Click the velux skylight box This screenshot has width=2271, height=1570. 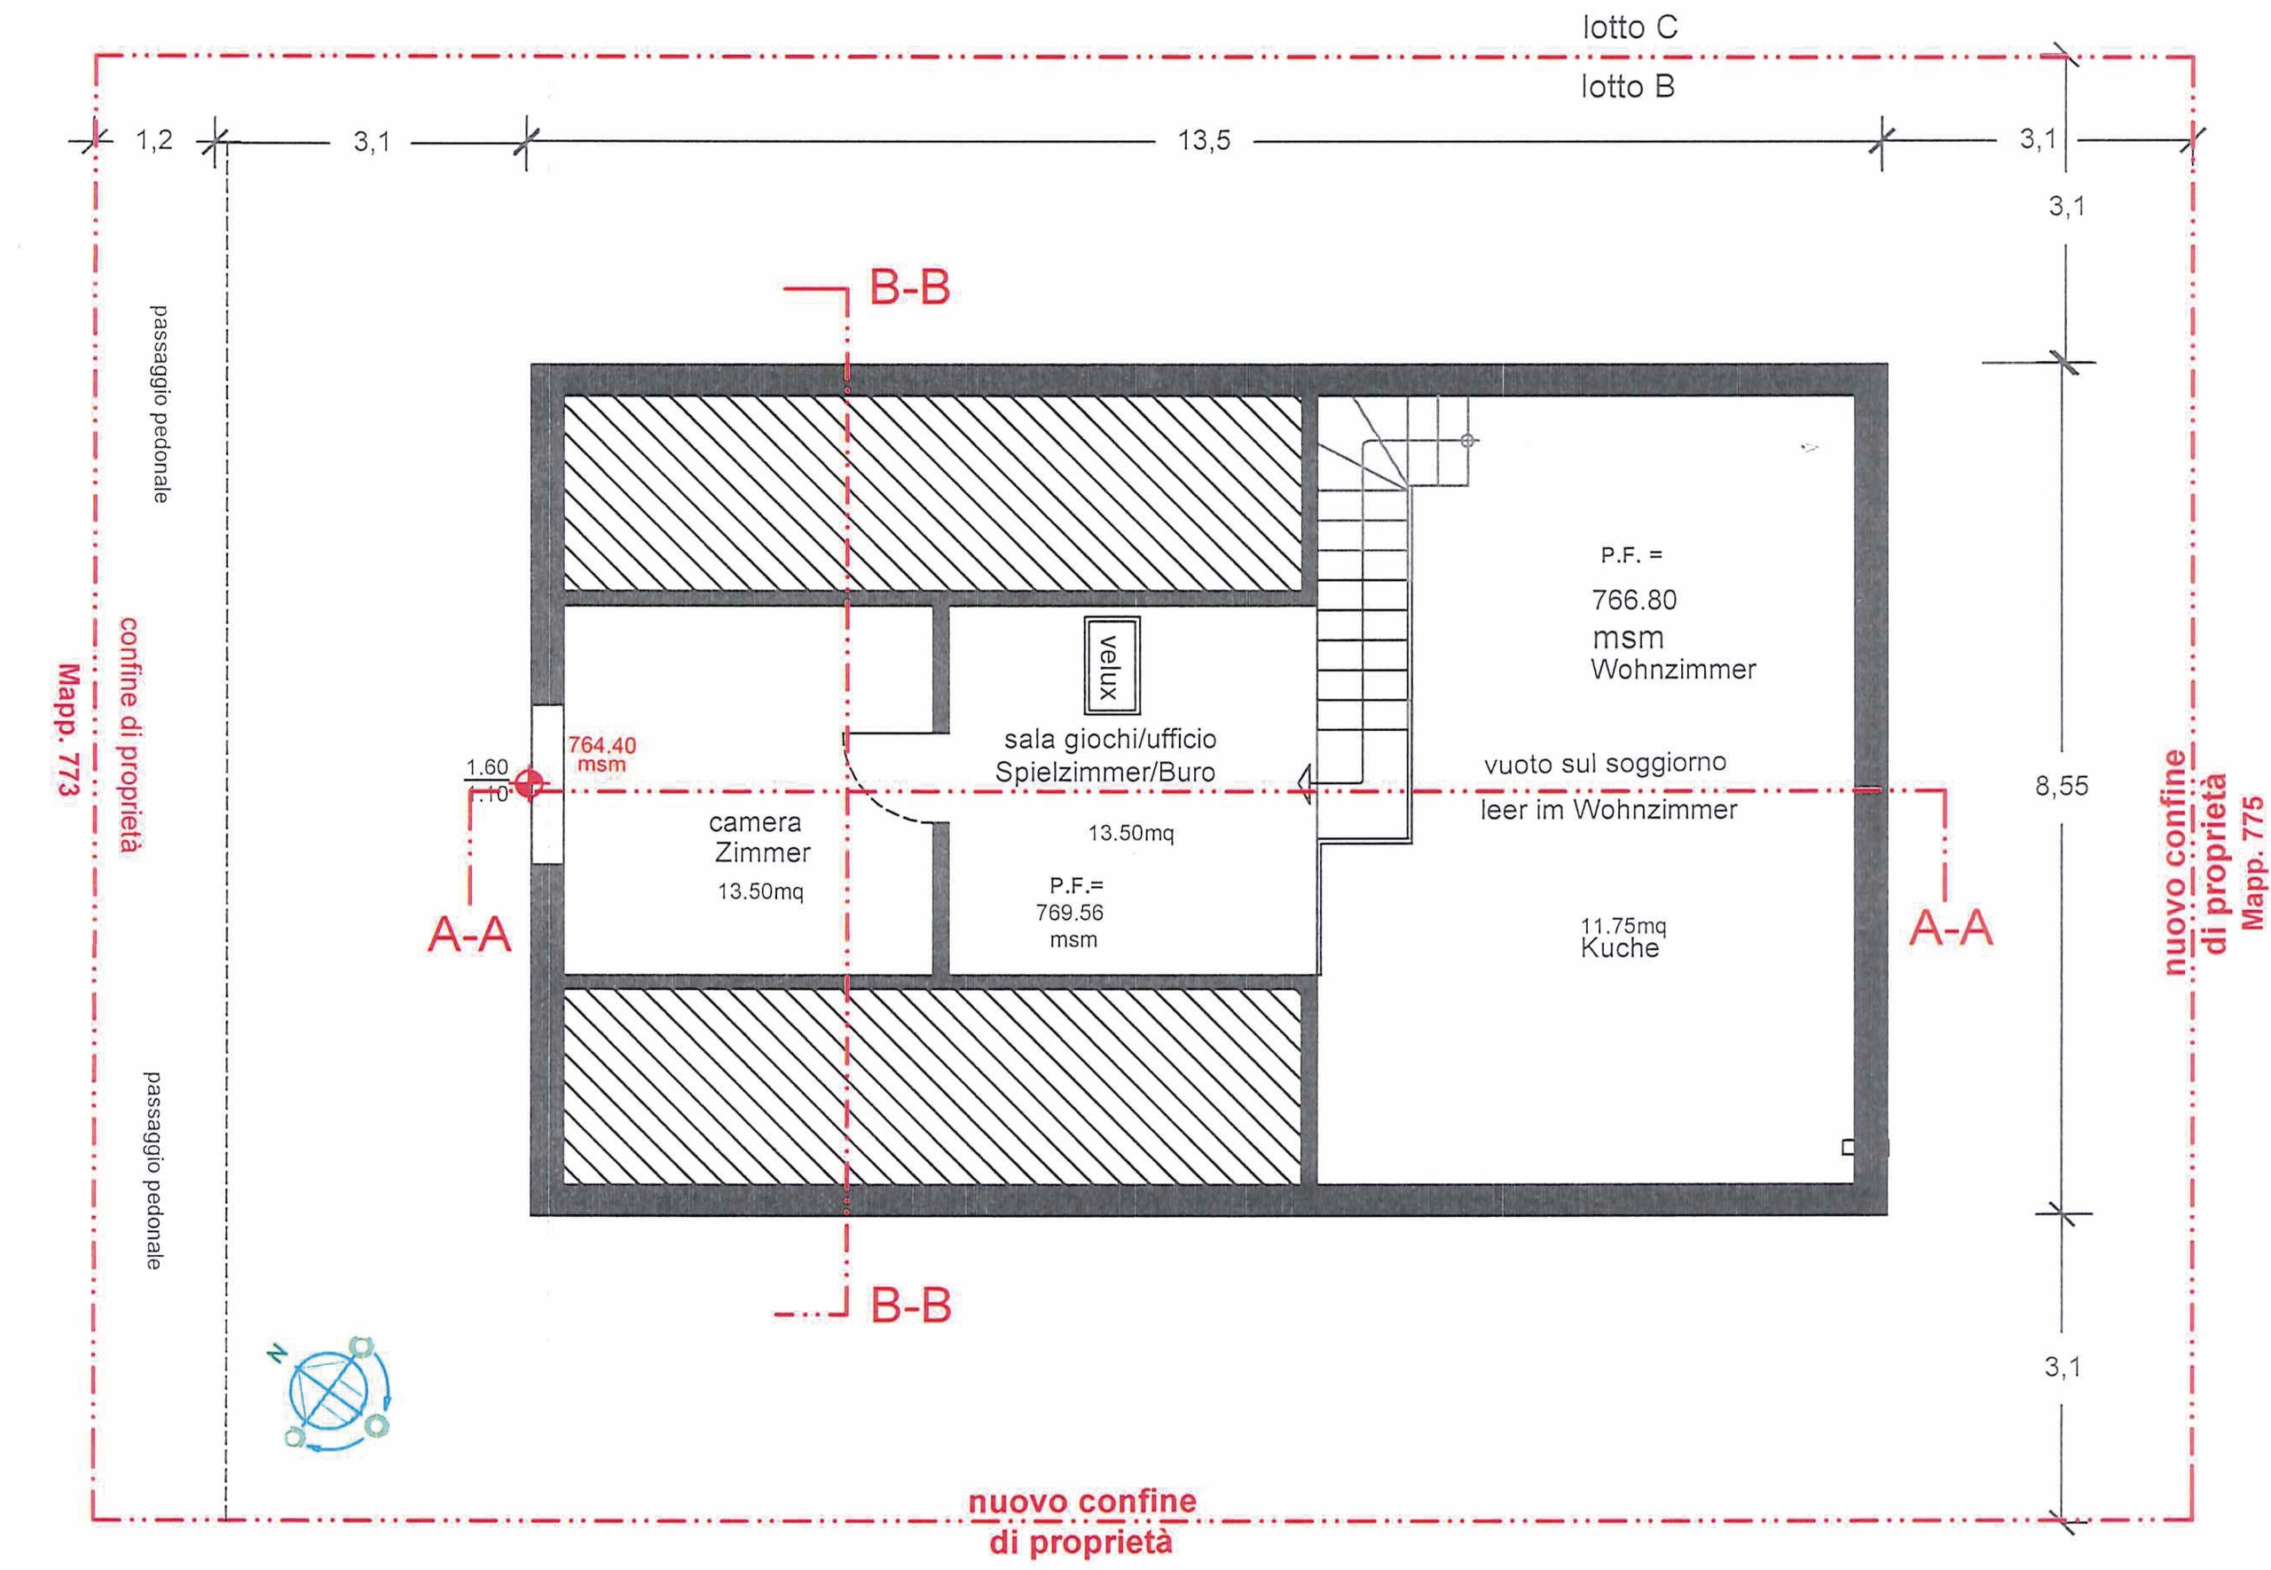tap(1112, 666)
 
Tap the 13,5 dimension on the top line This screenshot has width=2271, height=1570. tap(1204, 141)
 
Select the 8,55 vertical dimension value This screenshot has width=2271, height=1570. tap(2061, 786)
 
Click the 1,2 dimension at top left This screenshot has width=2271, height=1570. tap(154, 139)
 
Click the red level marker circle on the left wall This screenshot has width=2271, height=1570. tap(531, 783)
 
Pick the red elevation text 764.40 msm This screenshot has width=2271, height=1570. tap(601, 754)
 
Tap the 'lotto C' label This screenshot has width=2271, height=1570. tap(1629, 27)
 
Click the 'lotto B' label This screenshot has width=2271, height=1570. tap(1627, 87)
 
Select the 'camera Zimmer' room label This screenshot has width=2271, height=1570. tap(758, 837)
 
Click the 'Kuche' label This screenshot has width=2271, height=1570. tap(1619, 948)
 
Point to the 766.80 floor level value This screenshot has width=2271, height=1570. tap(1634, 599)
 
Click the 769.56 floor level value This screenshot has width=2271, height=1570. tap(1069, 912)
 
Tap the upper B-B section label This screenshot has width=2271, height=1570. tap(908, 288)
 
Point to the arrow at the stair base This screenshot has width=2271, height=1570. tap(1305, 784)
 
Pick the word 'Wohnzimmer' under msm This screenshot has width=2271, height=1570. tap(1673, 670)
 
